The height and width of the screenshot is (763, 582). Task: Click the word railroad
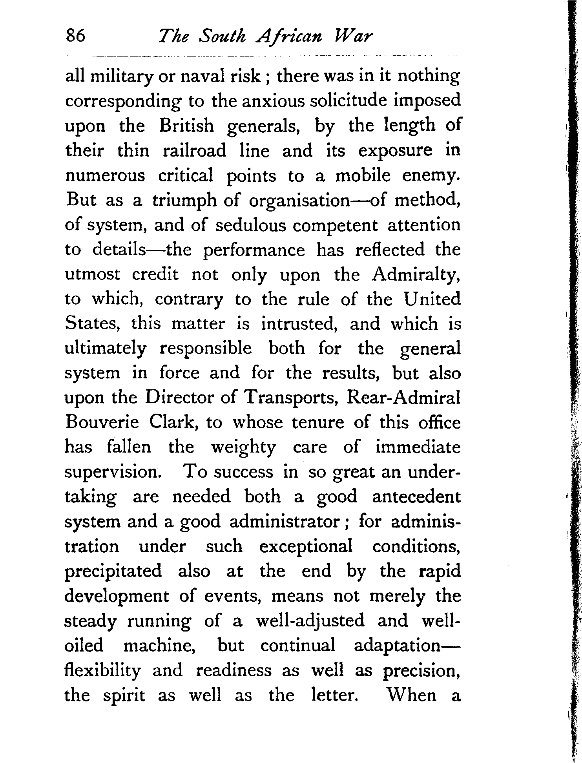(x=195, y=150)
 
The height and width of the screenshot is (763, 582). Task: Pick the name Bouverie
(x=102, y=423)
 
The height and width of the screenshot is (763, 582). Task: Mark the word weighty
(x=243, y=448)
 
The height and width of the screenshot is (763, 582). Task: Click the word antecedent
(x=416, y=497)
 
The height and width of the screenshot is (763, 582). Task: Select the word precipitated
(x=113, y=571)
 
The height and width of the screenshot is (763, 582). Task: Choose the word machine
(x=160, y=645)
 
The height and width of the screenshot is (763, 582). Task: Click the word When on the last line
(x=412, y=695)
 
